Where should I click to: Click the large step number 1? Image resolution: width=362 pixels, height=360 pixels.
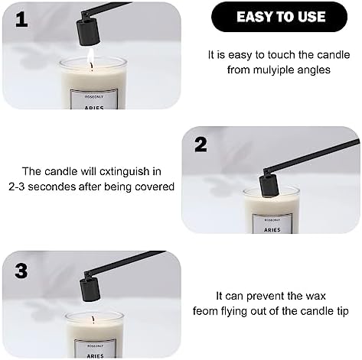[x=21, y=20]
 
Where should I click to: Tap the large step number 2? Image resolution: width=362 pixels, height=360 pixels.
[x=201, y=144]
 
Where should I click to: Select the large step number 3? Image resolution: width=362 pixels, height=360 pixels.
[x=21, y=270]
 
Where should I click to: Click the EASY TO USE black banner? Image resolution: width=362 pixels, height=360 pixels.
[x=279, y=17]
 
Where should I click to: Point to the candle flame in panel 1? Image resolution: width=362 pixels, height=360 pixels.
[x=91, y=58]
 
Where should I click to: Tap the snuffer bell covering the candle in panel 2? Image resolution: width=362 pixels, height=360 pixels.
[x=270, y=186]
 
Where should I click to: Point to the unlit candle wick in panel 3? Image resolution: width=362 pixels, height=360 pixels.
[x=93, y=319]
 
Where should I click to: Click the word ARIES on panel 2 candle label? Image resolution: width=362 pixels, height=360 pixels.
[x=272, y=230]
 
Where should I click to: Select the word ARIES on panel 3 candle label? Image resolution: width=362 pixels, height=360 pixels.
[x=95, y=356]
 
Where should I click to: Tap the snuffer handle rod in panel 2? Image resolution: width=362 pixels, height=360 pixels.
[x=311, y=155]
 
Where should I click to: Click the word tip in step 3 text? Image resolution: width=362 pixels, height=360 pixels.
[x=343, y=311]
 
